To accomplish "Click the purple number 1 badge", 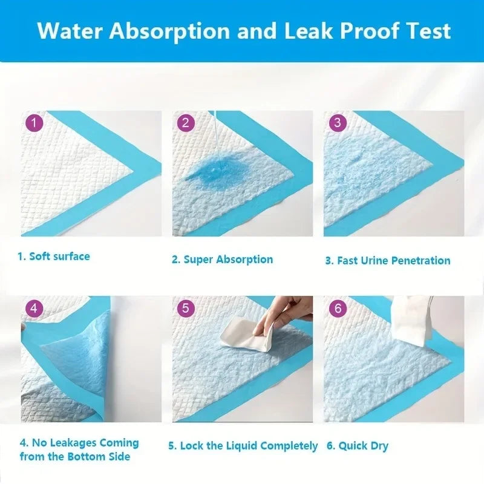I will point(34,123).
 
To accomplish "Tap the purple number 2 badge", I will point(185,123).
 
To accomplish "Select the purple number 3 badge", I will point(337,123).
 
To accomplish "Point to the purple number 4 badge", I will point(34,309).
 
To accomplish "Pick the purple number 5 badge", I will point(185,309).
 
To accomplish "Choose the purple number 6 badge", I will point(337,309).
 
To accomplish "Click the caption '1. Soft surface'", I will point(53,256).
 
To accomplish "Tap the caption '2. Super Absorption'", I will point(222,260).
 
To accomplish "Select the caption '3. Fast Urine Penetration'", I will point(388,261).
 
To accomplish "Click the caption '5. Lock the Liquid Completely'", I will point(243,446).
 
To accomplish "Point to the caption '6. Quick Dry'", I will point(358,446).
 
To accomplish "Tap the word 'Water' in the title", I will point(72,31).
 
